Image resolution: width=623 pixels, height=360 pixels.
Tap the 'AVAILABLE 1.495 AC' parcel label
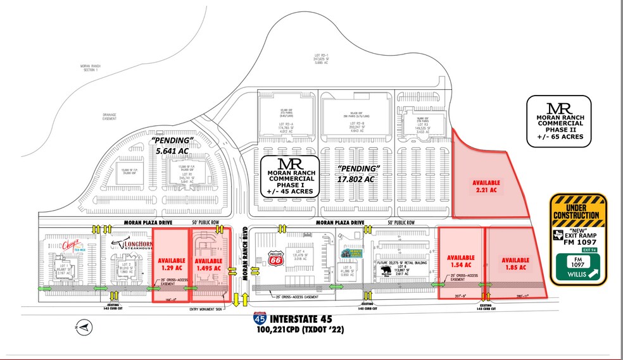(x=208, y=264)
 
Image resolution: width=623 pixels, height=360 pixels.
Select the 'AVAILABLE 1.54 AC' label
(x=460, y=261)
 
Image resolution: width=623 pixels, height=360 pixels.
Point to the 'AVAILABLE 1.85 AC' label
(x=515, y=264)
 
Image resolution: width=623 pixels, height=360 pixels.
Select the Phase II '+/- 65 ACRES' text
(x=558, y=135)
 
